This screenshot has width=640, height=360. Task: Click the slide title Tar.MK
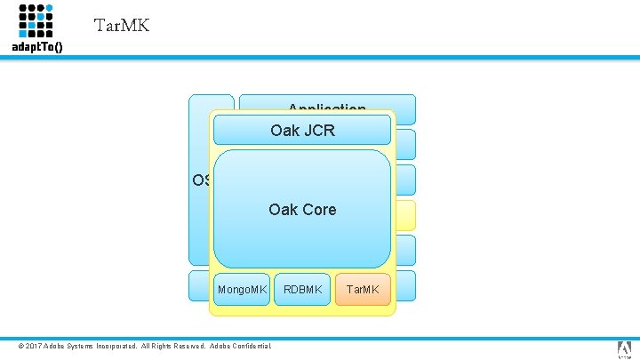[121, 25]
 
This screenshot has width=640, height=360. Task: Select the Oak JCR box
[302, 131]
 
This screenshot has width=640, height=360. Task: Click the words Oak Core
[302, 210]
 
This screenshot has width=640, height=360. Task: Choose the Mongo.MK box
[243, 289]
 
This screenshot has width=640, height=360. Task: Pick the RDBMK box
[302, 289]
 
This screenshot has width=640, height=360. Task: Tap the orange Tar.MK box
[362, 289]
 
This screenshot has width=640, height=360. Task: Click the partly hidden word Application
[326, 108]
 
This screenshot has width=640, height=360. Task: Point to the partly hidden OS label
[201, 180]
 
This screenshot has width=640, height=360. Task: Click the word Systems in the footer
[76, 346]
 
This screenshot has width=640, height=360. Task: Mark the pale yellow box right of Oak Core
[404, 215]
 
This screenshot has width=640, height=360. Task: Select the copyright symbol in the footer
[22, 346]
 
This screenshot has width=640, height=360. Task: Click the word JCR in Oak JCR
[317, 131]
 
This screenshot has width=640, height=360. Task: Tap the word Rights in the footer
[156, 346]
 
